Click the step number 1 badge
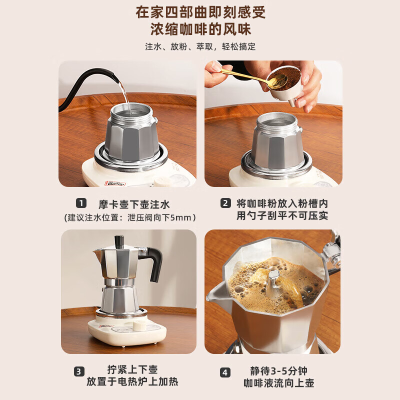click(x=81, y=203)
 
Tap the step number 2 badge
click(x=226, y=203)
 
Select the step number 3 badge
click(x=79, y=371)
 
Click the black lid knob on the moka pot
click(x=119, y=242)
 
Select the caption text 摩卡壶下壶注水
click(x=134, y=204)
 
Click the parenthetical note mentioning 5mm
click(x=130, y=217)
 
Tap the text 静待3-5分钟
click(x=278, y=371)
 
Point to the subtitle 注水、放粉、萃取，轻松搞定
click(x=200, y=46)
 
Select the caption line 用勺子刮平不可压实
click(x=282, y=216)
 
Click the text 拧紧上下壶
click(x=132, y=370)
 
